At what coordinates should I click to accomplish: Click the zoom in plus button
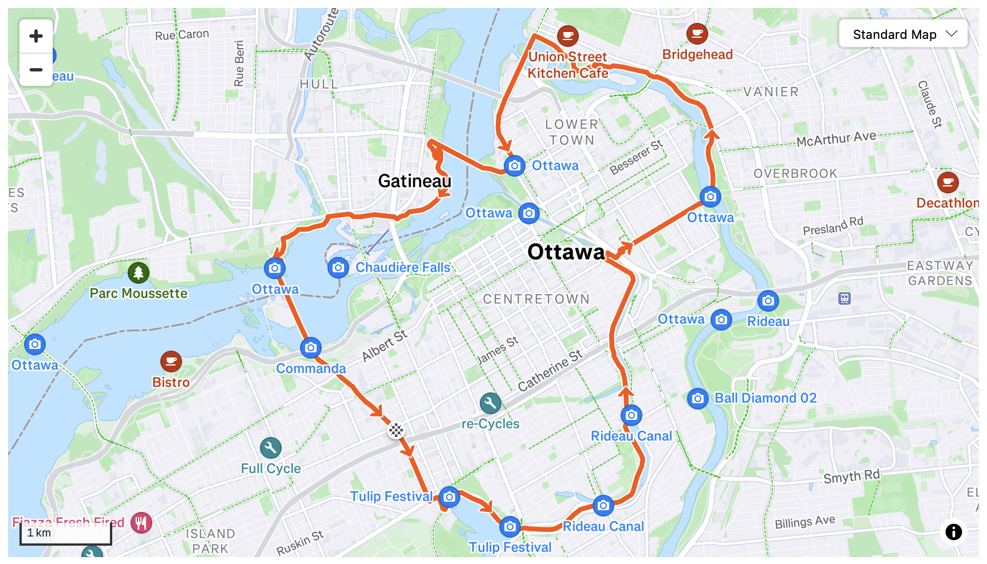click(36, 36)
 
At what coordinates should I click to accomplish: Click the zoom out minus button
click(36, 70)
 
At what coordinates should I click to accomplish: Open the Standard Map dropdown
click(903, 34)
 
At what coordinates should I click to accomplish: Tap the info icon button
click(953, 532)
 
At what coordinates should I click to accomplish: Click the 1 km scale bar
click(65, 533)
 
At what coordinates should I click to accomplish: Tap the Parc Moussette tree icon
click(139, 273)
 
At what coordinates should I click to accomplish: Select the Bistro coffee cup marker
click(171, 362)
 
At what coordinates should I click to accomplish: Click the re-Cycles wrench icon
click(490, 404)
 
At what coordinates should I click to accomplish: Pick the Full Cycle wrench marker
click(270, 448)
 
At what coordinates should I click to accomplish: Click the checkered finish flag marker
click(396, 430)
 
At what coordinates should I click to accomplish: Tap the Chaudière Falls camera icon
click(338, 267)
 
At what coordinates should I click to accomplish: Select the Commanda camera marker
click(311, 347)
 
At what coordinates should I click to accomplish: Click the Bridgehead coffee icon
click(697, 34)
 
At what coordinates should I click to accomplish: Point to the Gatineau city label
click(414, 181)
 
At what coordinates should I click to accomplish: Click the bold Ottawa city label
click(566, 252)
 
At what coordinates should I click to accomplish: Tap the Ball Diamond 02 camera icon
click(697, 398)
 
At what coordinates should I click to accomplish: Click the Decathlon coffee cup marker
click(947, 182)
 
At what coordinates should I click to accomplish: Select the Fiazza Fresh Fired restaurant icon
click(141, 522)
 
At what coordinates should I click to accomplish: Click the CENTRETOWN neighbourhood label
click(536, 299)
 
